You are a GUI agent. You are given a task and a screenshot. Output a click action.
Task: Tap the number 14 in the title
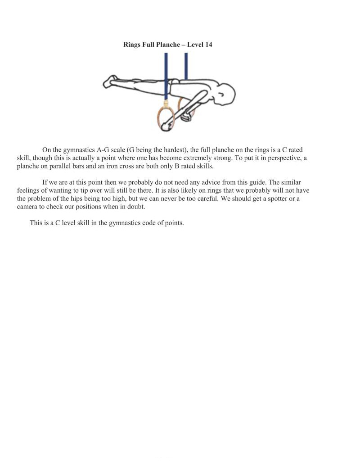[208, 45]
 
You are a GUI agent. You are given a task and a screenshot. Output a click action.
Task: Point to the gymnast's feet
[109, 81]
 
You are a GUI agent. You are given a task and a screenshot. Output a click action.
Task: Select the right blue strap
[186, 66]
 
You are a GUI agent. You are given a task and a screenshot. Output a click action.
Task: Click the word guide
[249, 182]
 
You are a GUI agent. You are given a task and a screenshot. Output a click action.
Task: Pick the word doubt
[136, 207]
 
